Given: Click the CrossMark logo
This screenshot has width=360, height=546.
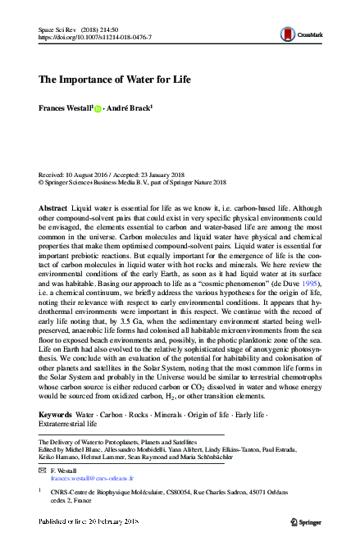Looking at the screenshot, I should coord(298,34).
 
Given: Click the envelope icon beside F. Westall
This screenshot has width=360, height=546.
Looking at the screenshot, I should coord(43,470).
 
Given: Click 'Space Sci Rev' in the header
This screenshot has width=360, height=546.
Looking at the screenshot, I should coord(56,29).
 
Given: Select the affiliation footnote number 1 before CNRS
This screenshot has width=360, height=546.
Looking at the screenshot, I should coord(41,489).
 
